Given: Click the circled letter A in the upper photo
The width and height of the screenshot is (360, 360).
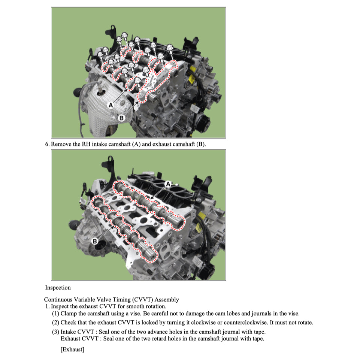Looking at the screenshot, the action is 111,105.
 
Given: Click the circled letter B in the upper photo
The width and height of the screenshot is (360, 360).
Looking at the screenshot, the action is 121,118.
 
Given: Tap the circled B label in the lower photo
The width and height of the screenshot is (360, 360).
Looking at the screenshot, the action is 95,241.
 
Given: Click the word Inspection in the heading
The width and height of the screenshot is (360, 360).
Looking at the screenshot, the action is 58,288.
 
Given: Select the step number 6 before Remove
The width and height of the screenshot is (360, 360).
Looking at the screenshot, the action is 47,144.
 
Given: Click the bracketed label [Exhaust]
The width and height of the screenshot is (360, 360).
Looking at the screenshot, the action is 72,350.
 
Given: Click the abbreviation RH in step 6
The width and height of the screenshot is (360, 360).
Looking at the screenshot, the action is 86,144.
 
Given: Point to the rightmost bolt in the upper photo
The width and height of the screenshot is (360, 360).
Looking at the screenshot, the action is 169,49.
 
